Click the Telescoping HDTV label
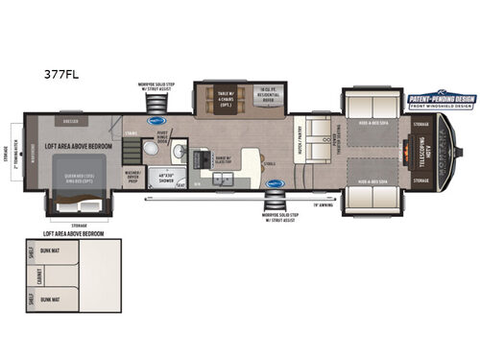click(423, 151)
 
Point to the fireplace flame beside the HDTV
click(414, 151)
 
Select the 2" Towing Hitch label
click(12, 151)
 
